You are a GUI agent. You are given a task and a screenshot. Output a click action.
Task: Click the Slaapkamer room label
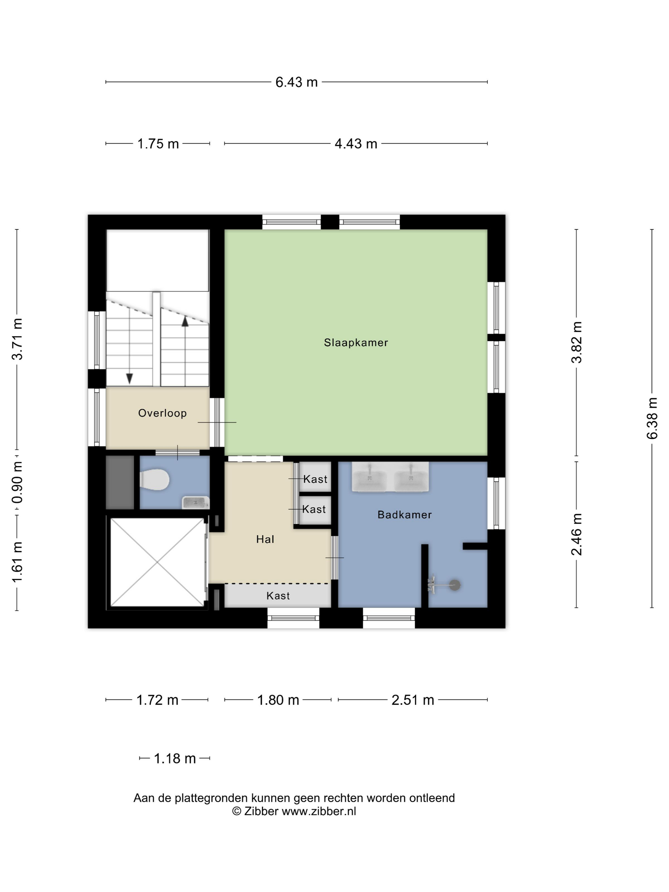pyautogui.click(x=356, y=342)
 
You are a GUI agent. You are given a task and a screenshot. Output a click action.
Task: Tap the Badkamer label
pyautogui.click(x=405, y=514)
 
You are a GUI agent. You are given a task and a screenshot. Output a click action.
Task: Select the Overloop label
pyautogui.click(x=162, y=413)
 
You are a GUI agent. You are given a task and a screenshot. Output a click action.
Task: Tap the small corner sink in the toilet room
pyautogui.click(x=196, y=502)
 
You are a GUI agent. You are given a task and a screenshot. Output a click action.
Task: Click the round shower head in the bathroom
pyautogui.click(x=455, y=585)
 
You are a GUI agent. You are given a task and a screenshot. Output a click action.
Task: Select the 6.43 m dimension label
pyautogui.click(x=296, y=82)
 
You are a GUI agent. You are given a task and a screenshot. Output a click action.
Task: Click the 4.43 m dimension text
pyautogui.click(x=356, y=144)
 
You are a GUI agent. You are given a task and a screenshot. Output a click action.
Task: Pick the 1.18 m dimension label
pyautogui.click(x=175, y=759)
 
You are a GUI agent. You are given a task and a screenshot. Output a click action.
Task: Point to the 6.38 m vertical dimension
pyautogui.click(x=652, y=418)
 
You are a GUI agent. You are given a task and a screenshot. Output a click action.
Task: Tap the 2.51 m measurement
pyautogui.click(x=413, y=700)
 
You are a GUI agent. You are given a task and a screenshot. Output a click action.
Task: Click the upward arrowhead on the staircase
pyautogui.click(x=185, y=321)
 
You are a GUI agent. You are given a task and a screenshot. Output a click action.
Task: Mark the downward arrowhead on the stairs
pyautogui.click(x=129, y=378)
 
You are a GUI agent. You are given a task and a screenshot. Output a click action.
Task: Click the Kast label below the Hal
pyautogui.click(x=278, y=596)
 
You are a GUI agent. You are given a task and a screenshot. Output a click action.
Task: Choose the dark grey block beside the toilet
pyautogui.click(x=120, y=482)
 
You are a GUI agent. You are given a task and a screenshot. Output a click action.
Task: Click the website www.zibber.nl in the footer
pyautogui.click(x=319, y=811)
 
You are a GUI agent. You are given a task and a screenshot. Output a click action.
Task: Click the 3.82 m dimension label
pyautogui.click(x=576, y=342)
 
